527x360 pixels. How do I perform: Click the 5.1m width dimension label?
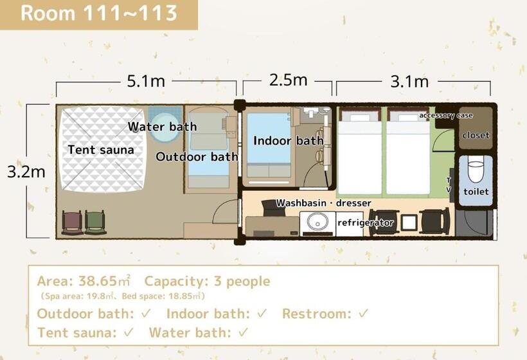146,81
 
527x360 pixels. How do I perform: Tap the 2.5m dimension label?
288,80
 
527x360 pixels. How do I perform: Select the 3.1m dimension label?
409,82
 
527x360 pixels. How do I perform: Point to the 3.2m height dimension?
26,172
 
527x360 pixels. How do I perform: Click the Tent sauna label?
101,150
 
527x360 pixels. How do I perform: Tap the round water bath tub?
164,127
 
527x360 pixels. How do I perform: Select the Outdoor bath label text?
197,157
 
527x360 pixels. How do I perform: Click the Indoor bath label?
289,141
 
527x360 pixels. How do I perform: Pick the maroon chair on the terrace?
72,222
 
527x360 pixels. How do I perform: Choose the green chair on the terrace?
96,222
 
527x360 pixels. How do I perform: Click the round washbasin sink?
317,222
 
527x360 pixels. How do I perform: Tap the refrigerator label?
365,222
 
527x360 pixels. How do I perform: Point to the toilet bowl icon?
475,172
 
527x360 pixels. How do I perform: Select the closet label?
476,135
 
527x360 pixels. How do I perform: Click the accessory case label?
445,115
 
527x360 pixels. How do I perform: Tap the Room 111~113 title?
99,13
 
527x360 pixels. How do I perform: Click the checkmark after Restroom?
363,314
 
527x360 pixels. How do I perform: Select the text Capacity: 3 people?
208,282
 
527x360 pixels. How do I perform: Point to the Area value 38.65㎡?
104,281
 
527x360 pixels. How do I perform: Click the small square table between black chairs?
409,222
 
